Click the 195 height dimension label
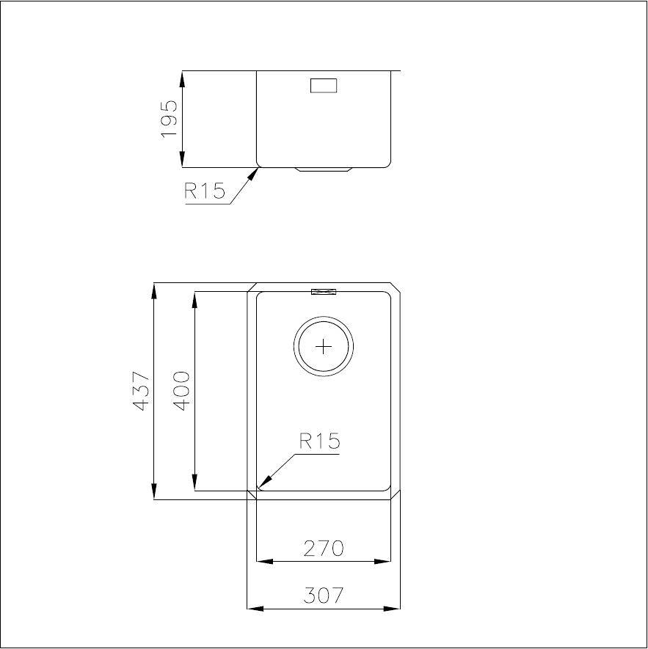point(169,120)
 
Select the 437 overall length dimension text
point(140,391)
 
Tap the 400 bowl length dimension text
point(181,391)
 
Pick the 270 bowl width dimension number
point(324,549)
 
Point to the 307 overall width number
point(324,595)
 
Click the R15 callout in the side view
point(205,191)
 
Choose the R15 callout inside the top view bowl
point(319,441)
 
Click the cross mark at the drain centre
point(324,346)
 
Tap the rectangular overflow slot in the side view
point(324,85)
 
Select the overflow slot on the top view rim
point(324,292)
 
